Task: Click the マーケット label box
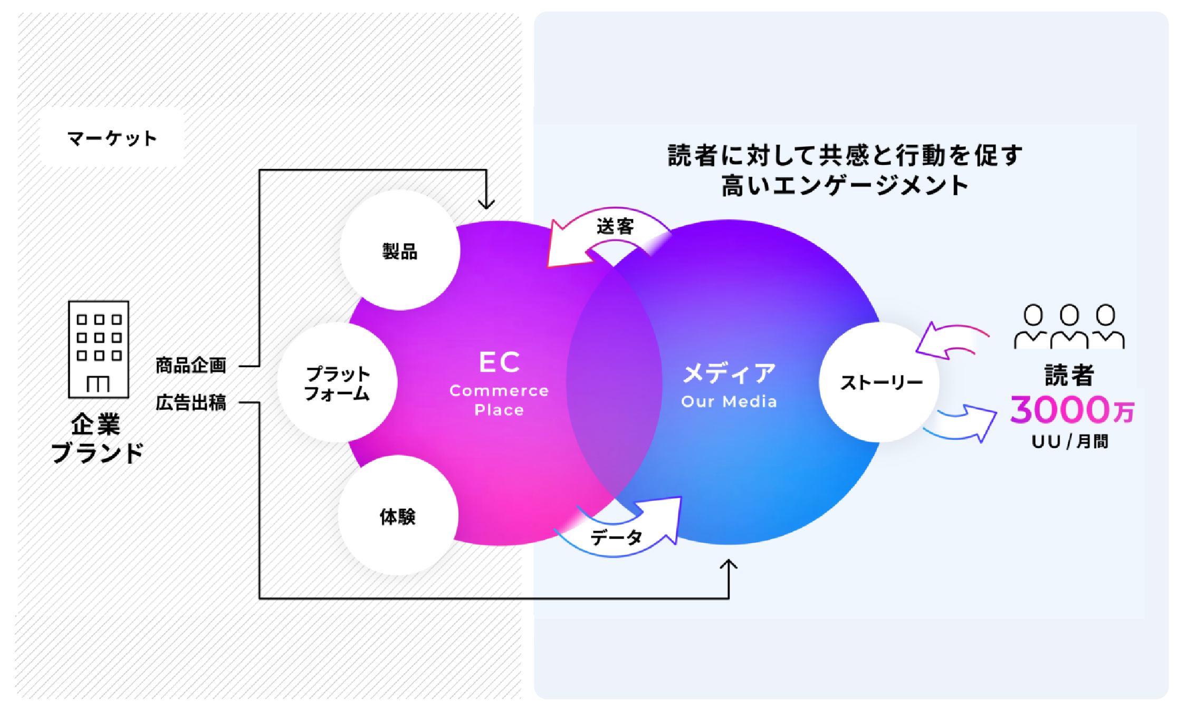[112, 138]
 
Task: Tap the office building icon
[99, 349]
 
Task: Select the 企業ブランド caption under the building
[97, 438]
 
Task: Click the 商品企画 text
[191, 365]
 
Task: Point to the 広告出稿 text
[191, 402]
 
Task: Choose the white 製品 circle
[400, 251]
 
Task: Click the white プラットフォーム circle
[338, 382]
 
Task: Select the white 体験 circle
[398, 515]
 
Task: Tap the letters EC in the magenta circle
[499, 362]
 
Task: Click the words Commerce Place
[499, 400]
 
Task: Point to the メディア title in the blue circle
[729, 373]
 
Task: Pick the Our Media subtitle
[729, 402]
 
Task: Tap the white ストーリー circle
[879, 382]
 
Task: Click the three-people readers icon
[1069, 326]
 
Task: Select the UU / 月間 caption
[1070, 441]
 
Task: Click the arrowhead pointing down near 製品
[486, 203]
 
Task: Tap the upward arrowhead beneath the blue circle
[729, 565]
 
